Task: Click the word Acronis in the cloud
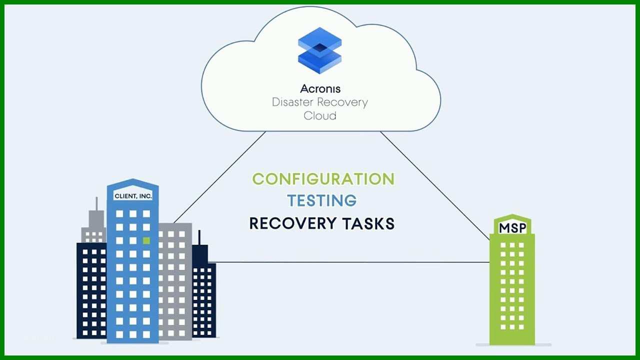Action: click(x=320, y=88)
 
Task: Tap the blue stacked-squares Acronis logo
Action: click(x=319, y=50)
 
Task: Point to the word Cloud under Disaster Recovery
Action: click(x=319, y=115)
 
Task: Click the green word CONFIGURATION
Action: click(x=323, y=179)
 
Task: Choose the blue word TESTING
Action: click(x=322, y=200)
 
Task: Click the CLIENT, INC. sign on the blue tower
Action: click(x=133, y=196)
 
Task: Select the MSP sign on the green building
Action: click(x=512, y=228)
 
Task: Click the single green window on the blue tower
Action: click(x=146, y=240)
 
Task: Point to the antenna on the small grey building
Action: click(x=96, y=203)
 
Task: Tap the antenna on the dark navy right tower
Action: click(x=199, y=237)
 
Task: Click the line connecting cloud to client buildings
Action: click(x=219, y=177)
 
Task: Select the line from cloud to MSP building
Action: click(x=435, y=185)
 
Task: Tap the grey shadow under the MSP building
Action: click(x=513, y=345)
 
